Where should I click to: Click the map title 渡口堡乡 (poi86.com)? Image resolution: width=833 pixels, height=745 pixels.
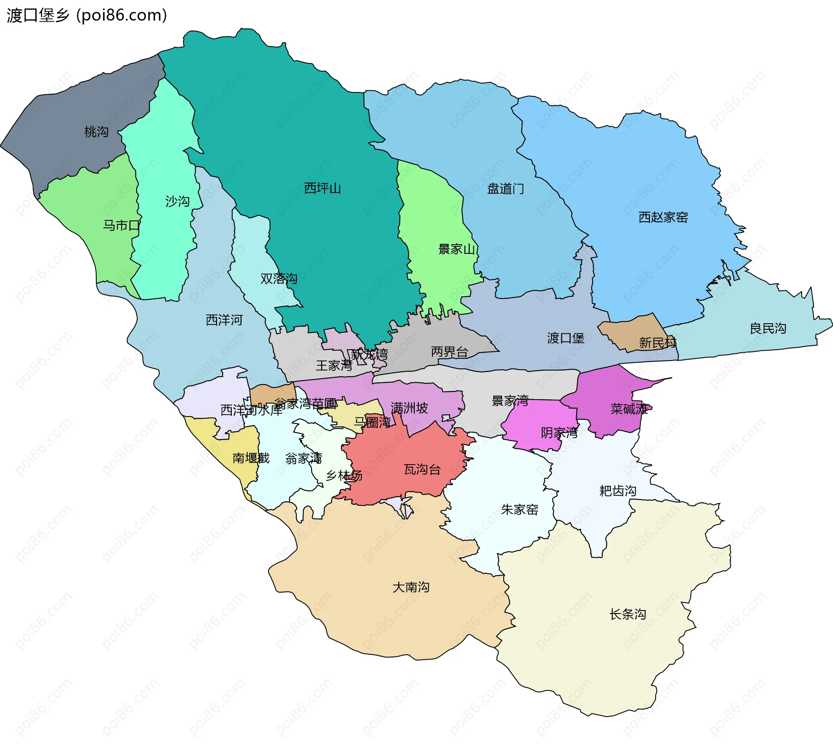pos(87,16)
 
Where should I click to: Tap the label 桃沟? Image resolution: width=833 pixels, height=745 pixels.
pos(96,132)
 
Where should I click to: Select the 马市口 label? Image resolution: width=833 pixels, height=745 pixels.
pos(121,226)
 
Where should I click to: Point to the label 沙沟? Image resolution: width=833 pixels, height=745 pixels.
pos(177,201)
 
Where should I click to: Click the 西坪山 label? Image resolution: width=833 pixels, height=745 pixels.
pos(322,188)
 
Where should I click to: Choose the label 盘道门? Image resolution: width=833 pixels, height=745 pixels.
pos(505,189)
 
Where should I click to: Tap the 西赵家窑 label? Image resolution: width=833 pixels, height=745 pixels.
pos(663,217)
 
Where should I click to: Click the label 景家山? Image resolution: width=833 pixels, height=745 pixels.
pos(456,249)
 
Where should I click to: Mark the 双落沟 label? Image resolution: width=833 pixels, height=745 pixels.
pos(279,279)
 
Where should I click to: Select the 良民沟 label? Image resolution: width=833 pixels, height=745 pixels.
pos(768,328)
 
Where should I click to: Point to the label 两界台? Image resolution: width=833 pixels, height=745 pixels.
pos(449,352)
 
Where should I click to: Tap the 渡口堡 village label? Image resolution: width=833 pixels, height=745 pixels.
pos(565,338)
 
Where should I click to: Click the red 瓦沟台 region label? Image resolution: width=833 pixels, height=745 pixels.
pos(422,469)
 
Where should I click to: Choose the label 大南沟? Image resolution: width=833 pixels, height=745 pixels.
pos(410,587)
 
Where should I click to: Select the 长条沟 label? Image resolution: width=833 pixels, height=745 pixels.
pos(627,614)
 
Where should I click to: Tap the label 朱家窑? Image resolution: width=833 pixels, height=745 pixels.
pos(519,509)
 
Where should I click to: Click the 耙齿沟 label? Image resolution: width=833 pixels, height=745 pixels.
pos(617,491)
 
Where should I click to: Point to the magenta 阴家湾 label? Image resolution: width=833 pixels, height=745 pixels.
pos(559,433)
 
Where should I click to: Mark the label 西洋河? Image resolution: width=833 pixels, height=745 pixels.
pos(224,320)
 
